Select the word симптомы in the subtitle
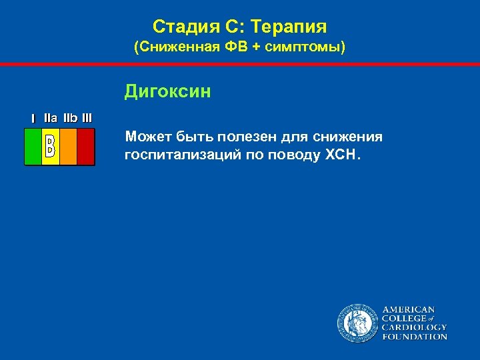(309, 49)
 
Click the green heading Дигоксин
(167, 91)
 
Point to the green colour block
(33, 147)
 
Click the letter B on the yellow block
(50, 147)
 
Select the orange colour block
(68, 147)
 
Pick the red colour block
(85, 147)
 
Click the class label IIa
(50, 118)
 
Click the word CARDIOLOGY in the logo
(414, 327)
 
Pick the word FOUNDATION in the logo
(414, 337)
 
